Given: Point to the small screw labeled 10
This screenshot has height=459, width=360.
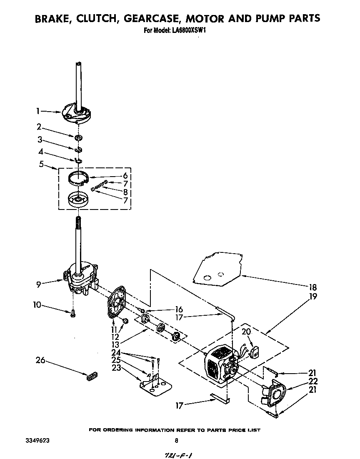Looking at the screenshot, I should click(x=72, y=313).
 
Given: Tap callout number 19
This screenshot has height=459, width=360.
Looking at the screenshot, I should click(x=312, y=297).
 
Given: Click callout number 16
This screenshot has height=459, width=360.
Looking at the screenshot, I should click(x=179, y=310).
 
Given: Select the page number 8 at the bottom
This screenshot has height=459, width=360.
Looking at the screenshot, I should click(x=176, y=440).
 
